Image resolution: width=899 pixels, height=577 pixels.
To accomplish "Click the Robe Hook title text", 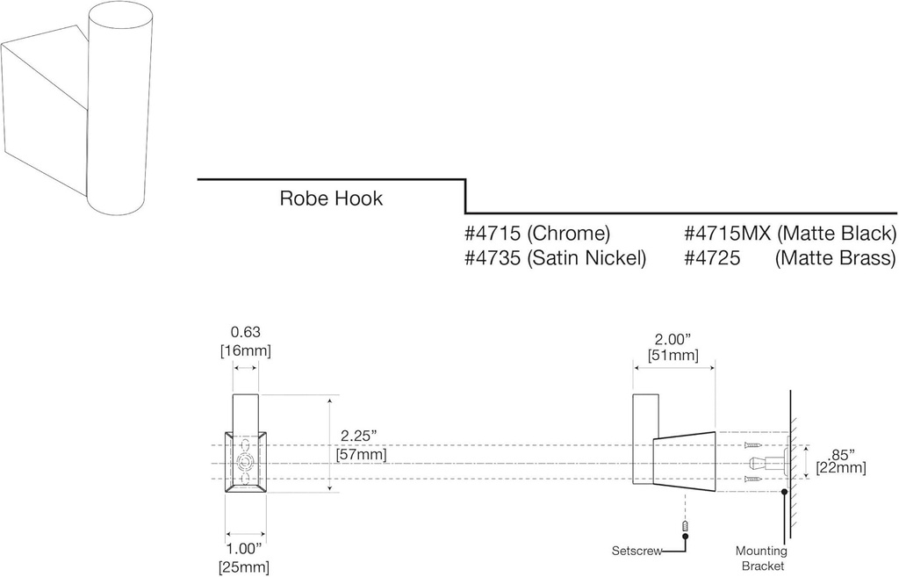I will click(331, 198).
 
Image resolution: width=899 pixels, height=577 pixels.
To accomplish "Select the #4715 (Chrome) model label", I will click(536, 234).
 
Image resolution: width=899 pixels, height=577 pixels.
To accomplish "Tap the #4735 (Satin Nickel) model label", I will click(555, 258).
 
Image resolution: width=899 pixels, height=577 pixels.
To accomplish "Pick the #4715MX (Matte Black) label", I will click(790, 234).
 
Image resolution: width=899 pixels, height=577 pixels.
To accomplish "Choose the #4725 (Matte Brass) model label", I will click(790, 258).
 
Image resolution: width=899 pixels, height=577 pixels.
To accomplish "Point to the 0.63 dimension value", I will click(245, 333).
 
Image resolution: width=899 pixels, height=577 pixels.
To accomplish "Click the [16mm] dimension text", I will click(245, 351).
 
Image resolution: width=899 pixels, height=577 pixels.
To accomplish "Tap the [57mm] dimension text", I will click(361, 455).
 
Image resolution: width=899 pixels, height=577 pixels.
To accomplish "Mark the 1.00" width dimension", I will click(244, 549).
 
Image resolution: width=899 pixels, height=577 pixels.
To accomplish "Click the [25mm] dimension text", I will click(244, 567).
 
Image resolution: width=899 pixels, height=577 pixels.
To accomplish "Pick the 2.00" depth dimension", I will click(672, 338).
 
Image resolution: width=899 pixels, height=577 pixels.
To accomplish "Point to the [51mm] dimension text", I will click(672, 356).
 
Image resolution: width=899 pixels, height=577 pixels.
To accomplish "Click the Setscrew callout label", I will click(636, 552).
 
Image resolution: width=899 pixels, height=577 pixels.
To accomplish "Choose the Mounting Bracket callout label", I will click(761, 559).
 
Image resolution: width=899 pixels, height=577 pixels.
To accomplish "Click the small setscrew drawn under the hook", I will click(685, 526).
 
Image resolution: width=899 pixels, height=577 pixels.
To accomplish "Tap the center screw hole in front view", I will click(247, 463).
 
